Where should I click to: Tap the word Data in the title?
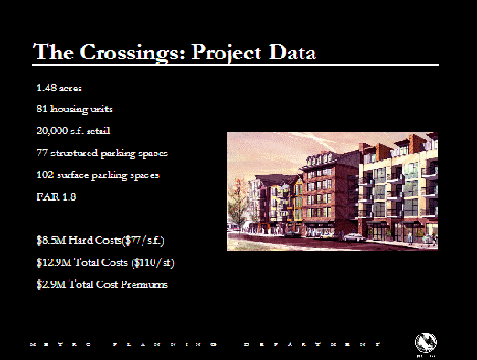pyautogui.click(x=292, y=52)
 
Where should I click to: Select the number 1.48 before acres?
pyautogui.click(x=47, y=88)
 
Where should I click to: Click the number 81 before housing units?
pyautogui.click(x=42, y=109)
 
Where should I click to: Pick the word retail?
pyautogui.click(x=98, y=131)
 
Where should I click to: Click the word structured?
pyautogui.click(x=74, y=153)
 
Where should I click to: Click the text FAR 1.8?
pyautogui.click(x=56, y=196)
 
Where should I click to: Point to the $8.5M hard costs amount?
pyautogui.click(x=51, y=240)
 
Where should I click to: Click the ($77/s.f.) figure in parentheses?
pyautogui.click(x=143, y=240)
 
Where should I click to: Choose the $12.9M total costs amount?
pyautogui.click(x=54, y=262)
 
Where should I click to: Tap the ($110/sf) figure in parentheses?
pyautogui.click(x=153, y=262)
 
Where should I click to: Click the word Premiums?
pyautogui.click(x=144, y=284)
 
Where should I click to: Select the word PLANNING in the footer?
pyautogui.click(x=164, y=344)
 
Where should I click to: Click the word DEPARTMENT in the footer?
pyautogui.click(x=313, y=344)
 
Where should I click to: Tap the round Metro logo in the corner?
pyautogui.click(x=426, y=343)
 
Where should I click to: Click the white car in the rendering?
pyautogui.click(x=354, y=237)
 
